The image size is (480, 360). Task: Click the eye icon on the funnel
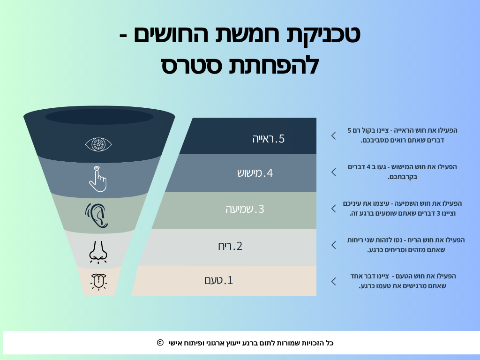pyautogui.click(x=98, y=144)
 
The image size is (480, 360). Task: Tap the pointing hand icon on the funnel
pyautogui.click(x=97, y=179)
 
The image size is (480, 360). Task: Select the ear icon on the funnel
pyautogui.click(x=97, y=215)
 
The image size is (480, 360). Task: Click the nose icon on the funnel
pyautogui.click(x=98, y=251)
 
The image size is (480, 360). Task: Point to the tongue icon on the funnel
pyautogui.click(x=98, y=281)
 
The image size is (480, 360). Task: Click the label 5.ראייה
pyautogui.click(x=268, y=139)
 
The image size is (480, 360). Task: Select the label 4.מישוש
pyautogui.click(x=255, y=173)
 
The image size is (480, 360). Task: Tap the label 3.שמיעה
pyautogui.click(x=245, y=209)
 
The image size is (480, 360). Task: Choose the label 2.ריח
pyautogui.click(x=230, y=246)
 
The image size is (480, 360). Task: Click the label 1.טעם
pyautogui.click(x=219, y=280)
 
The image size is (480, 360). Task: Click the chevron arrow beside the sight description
pyautogui.click(x=334, y=135)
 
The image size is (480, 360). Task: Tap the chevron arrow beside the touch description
pyautogui.click(x=334, y=172)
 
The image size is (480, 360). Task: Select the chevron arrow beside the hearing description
pyautogui.click(x=334, y=208)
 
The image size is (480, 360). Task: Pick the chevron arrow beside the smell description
pyautogui.click(x=334, y=245)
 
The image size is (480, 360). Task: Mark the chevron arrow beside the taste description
pyautogui.click(x=334, y=281)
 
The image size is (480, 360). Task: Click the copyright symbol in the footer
pyautogui.click(x=160, y=343)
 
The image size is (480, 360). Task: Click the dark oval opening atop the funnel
pyautogui.click(x=99, y=116)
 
